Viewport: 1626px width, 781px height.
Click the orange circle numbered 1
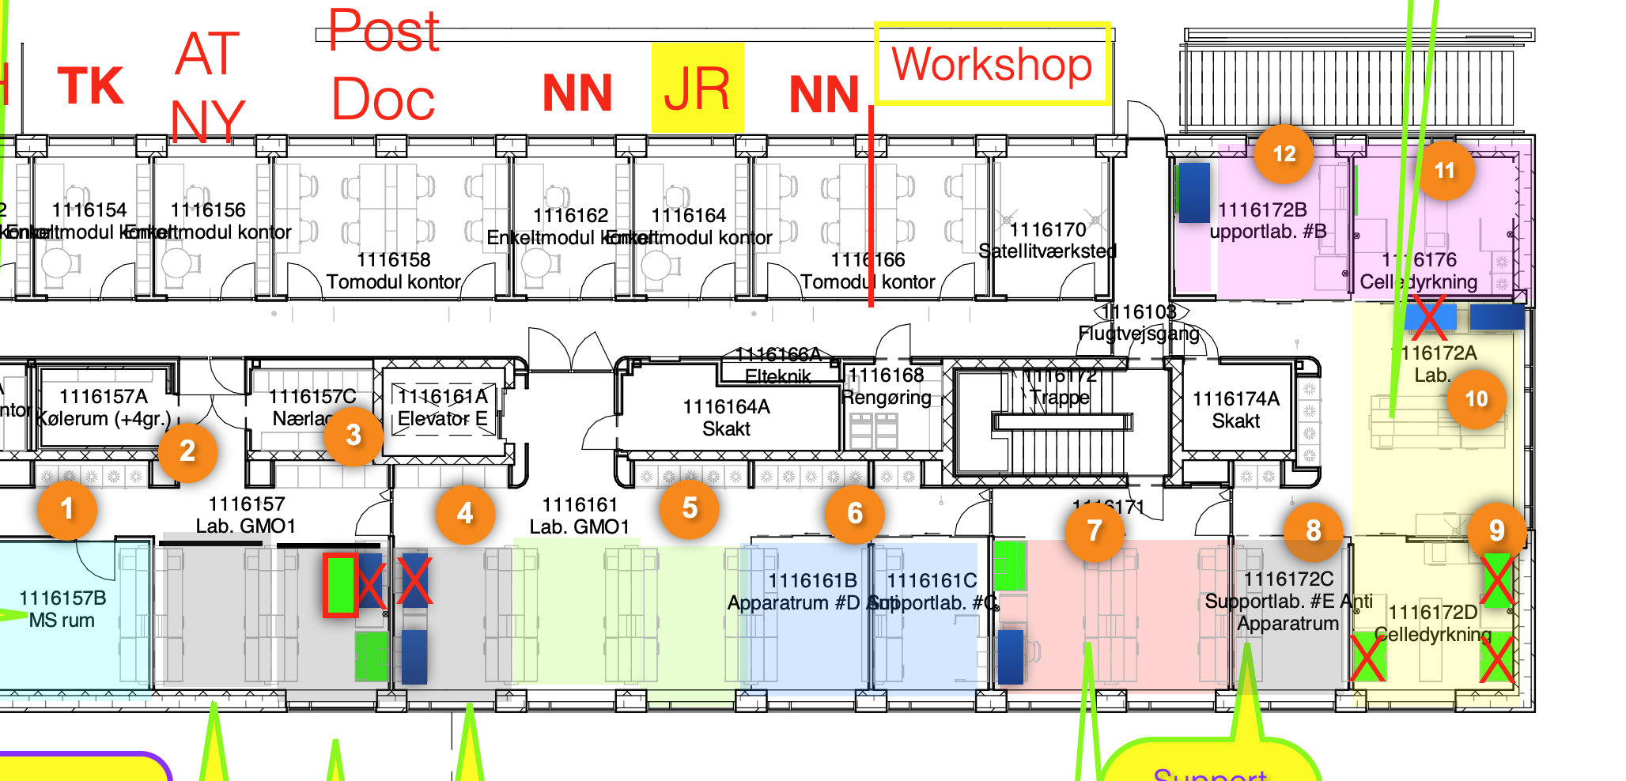click(67, 509)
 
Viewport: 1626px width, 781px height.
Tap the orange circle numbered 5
click(690, 508)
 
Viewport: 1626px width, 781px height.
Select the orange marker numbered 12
click(1284, 154)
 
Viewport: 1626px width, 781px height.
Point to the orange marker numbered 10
click(1476, 399)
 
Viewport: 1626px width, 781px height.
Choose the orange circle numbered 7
click(1095, 530)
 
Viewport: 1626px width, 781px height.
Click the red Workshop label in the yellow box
click(992, 64)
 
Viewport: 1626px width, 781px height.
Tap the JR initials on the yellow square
click(698, 89)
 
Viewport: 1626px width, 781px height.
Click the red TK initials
click(91, 86)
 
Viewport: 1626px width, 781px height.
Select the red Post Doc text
click(384, 66)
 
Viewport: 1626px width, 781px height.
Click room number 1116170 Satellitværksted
click(1048, 240)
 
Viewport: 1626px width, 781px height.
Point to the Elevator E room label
click(443, 407)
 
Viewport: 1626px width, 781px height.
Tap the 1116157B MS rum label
click(62, 609)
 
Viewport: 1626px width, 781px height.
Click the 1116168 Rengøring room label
click(886, 386)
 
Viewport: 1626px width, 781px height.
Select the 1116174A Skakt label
click(1235, 409)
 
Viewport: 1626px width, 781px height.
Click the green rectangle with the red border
click(340, 584)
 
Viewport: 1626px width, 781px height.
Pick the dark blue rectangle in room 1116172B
click(1194, 192)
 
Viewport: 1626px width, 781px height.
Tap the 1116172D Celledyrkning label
click(1432, 623)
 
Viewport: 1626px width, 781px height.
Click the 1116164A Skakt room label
click(726, 417)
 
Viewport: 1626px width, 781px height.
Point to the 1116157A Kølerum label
click(104, 407)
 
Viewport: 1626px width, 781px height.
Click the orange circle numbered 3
click(354, 434)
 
